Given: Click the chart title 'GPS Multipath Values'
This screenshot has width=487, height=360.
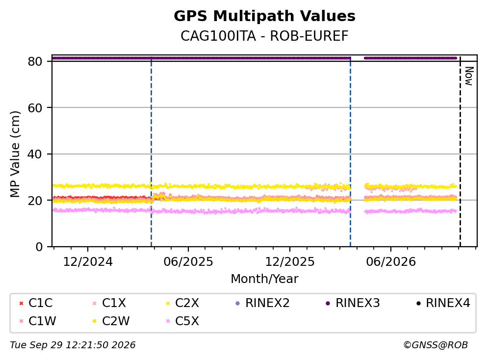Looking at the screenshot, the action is click(264, 16).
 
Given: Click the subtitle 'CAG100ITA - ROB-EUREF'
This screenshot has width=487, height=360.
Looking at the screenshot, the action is click(264, 36).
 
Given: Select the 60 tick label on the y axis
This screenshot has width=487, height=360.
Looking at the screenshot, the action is click(35, 108).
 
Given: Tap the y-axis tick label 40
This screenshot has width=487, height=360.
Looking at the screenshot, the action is click(35, 154).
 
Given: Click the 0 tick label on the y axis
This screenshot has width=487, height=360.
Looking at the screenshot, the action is click(39, 247).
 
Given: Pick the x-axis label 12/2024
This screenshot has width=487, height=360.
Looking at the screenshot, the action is click(88, 262).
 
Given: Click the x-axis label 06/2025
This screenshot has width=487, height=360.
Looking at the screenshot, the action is click(188, 262).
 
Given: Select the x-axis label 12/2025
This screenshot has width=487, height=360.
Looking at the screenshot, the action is click(290, 262).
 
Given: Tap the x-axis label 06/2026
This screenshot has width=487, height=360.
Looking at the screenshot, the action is click(391, 262).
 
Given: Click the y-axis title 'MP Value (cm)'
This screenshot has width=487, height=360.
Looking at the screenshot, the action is click(15, 154).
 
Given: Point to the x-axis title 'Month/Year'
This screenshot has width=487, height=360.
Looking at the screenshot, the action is click(264, 279).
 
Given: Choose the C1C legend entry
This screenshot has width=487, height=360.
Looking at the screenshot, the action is click(36, 303).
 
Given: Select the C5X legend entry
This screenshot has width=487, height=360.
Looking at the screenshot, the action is click(183, 321).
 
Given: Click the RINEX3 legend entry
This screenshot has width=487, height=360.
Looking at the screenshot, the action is click(353, 303).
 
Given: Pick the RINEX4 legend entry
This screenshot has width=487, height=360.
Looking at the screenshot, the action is click(443, 303).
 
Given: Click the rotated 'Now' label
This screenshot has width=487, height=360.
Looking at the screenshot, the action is click(469, 76).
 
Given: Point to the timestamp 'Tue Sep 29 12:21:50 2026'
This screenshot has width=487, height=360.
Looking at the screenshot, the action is click(73, 345).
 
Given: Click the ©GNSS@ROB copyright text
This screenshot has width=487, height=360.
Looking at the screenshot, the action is click(436, 345).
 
